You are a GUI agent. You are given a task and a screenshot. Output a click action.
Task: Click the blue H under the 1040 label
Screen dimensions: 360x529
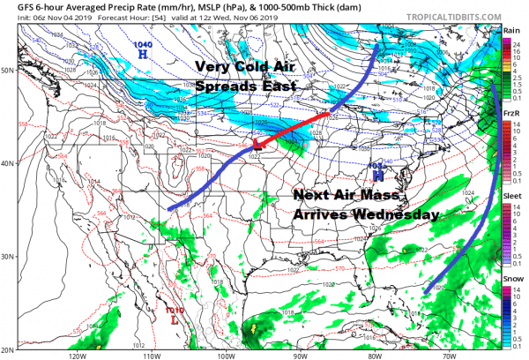point(142,54)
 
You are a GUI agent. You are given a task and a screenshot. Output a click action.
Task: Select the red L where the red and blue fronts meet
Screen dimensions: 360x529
point(257,142)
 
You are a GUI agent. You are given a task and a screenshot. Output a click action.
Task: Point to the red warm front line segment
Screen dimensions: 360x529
point(296,125)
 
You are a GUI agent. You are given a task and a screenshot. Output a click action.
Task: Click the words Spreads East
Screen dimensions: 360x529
point(247,88)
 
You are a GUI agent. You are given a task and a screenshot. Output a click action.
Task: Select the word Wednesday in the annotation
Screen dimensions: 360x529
point(395,214)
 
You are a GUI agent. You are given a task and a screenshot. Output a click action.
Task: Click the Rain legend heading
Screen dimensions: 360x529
point(510,31)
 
